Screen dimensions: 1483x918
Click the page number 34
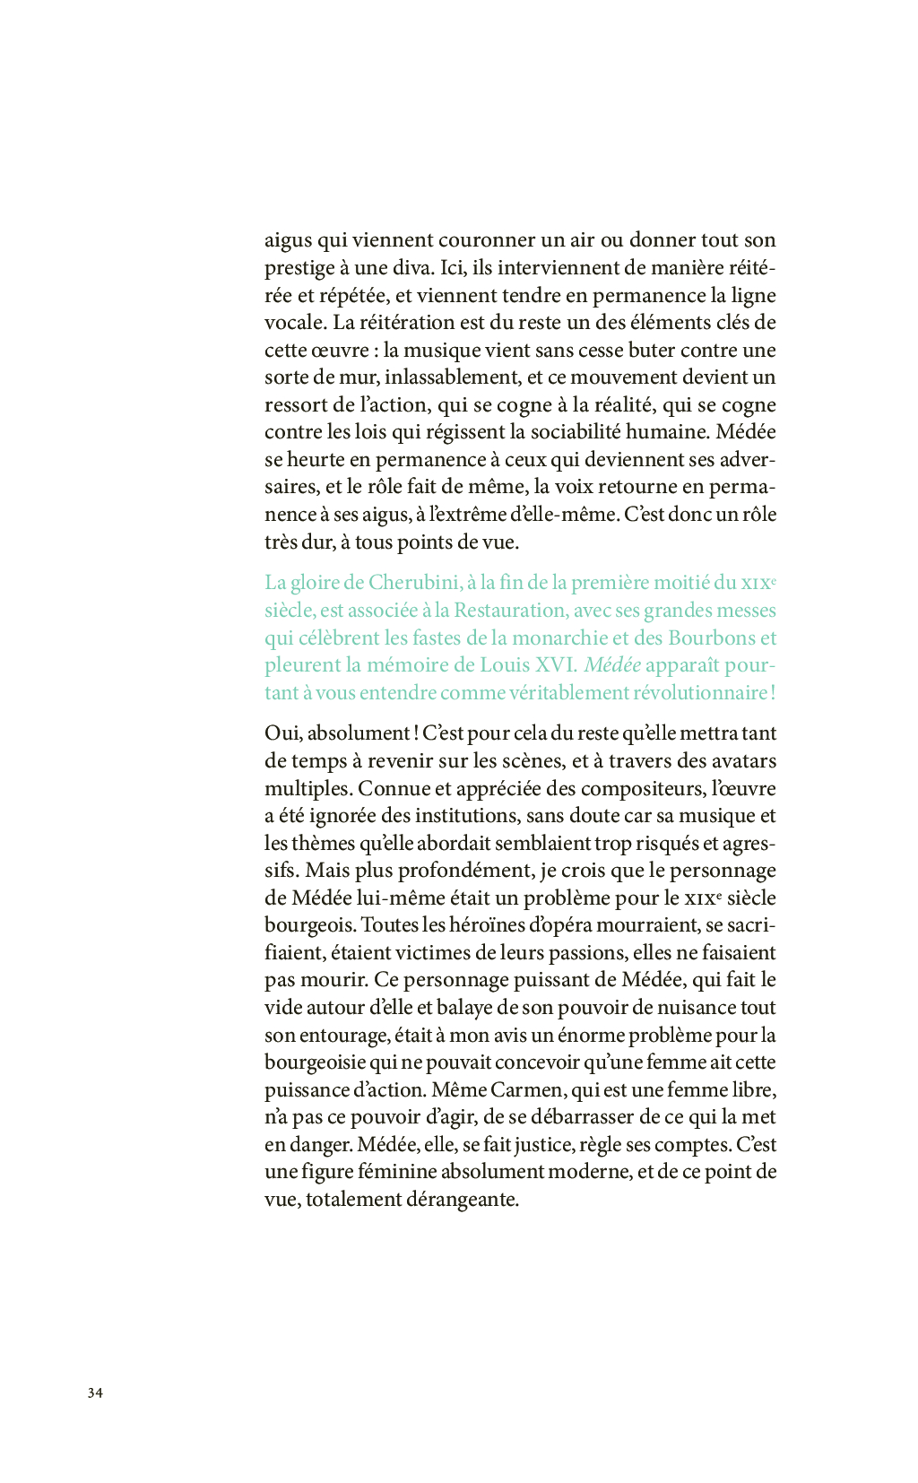[x=95, y=1392]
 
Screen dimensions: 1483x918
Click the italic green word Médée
[x=612, y=665]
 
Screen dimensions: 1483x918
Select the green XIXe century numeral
[x=758, y=583]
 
